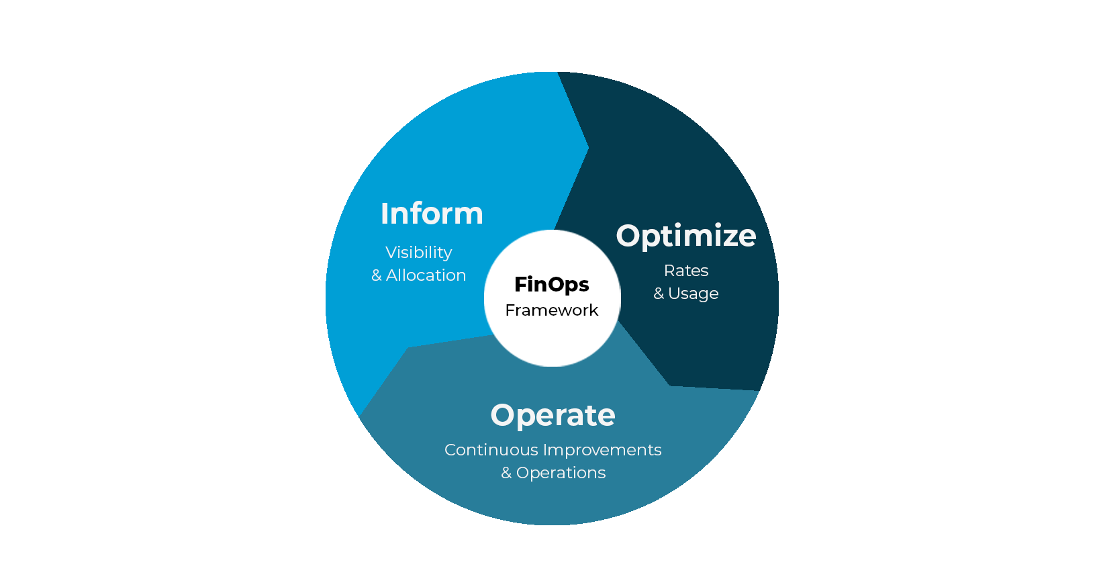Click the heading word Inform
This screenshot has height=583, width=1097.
[x=432, y=214]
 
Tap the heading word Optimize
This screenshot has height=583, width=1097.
[x=686, y=236]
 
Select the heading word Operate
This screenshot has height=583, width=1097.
[x=553, y=415]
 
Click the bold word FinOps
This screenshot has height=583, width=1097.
[x=551, y=284]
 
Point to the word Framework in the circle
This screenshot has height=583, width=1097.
[x=551, y=310]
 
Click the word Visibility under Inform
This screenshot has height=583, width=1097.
[x=418, y=253]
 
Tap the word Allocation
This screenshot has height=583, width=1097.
[x=426, y=275]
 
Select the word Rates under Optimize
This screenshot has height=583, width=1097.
[x=686, y=271]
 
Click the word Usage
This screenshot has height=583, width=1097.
[x=693, y=294]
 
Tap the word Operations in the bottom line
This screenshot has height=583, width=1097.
[x=561, y=473]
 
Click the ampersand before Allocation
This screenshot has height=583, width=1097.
[x=377, y=275]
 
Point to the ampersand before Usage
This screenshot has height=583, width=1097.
[x=659, y=294]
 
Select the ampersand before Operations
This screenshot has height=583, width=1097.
[x=506, y=473]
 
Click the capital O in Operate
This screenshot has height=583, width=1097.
[x=503, y=415]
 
